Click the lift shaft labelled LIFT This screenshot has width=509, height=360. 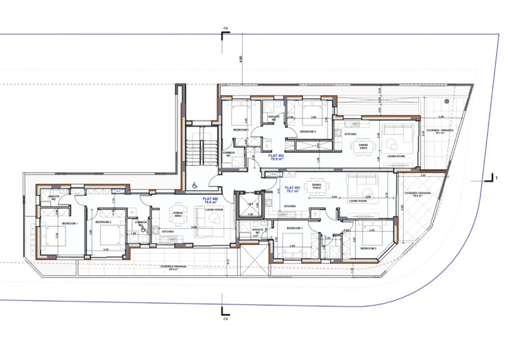(251, 204)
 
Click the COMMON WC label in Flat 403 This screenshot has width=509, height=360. (229, 154)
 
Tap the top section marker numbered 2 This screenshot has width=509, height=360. (225, 30)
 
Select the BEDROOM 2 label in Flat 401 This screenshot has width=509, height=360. (368, 248)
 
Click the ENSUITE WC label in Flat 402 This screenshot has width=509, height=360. (54, 197)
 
